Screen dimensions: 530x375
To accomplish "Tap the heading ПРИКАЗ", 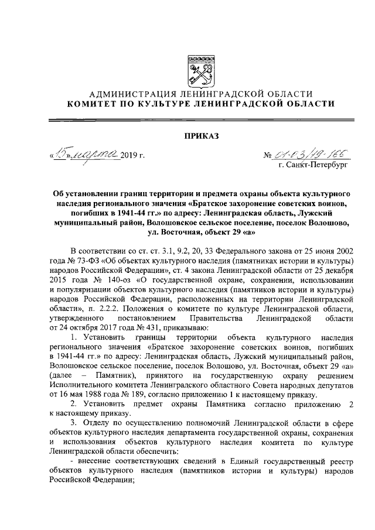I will (x=201, y=136).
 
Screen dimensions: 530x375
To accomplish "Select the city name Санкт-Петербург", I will (x=320, y=166).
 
